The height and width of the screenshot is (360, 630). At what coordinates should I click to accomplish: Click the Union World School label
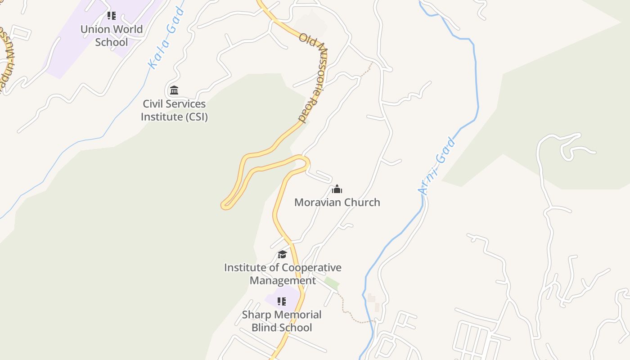112,36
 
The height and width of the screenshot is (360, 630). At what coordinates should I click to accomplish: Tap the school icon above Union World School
112,16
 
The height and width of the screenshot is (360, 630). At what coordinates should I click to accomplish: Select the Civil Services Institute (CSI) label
174,110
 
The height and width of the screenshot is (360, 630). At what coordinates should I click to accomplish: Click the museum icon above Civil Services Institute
174,90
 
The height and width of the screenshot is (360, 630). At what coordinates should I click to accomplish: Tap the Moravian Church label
337,202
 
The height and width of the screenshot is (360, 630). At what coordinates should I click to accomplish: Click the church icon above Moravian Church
337,189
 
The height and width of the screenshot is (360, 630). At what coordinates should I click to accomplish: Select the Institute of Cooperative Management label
283,274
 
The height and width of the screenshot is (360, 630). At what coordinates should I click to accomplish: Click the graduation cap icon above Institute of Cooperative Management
282,255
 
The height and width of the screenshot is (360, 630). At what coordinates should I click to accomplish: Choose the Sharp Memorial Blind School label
282,321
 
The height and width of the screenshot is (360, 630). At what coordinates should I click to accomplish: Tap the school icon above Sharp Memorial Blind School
282,301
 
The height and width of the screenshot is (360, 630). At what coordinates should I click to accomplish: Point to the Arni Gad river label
436,167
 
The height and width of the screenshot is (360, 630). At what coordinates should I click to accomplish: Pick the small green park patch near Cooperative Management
332,283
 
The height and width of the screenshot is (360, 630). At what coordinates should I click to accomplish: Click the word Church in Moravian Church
359,202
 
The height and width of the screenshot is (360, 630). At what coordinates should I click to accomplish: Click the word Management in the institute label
283,280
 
